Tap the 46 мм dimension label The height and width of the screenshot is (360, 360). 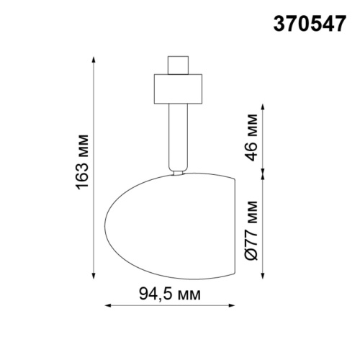(250, 141)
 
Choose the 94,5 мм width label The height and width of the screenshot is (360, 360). (169, 294)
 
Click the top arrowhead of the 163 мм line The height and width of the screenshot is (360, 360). (94, 58)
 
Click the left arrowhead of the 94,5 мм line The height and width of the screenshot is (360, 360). (109, 307)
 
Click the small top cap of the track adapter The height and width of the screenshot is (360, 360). (176, 65)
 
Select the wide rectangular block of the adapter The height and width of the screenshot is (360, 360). (176, 88)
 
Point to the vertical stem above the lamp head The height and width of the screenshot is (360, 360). (176, 137)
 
